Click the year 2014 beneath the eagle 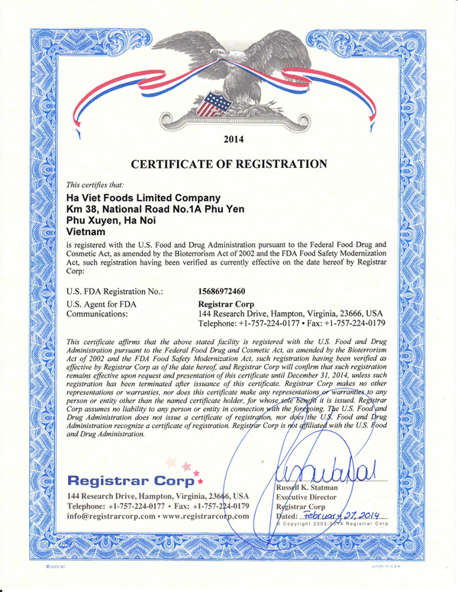pos(229,139)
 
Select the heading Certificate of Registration pos(229,164)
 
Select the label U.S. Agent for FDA pos(103,304)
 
